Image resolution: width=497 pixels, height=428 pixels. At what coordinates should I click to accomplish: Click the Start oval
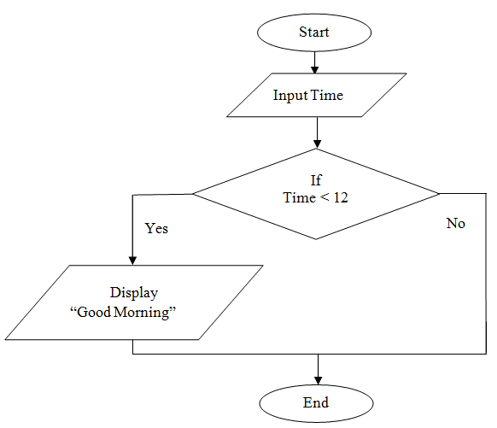click(314, 32)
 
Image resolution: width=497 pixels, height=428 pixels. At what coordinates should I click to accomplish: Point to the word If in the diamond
click(315, 180)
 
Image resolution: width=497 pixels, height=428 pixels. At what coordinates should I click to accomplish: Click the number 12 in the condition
click(340, 196)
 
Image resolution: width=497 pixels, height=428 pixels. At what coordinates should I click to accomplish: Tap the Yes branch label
click(157, 228)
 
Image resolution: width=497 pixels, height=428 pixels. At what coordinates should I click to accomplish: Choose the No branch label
click(455, 223)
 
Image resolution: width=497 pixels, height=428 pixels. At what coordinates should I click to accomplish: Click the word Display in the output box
click(133, 292)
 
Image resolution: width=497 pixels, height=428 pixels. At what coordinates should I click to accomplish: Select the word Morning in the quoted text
click(150, 312)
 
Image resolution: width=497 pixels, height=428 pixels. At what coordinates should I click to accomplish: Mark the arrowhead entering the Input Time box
click(315, 70)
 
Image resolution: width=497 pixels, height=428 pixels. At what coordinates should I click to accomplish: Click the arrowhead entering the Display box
click(132, 260)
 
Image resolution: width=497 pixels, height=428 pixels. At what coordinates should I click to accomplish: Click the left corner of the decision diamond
click(192, 194)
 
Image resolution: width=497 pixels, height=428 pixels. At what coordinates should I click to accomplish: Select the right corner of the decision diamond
click(440, 194)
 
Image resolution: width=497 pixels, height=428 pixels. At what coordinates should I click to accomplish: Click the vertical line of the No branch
click(484, 273)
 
